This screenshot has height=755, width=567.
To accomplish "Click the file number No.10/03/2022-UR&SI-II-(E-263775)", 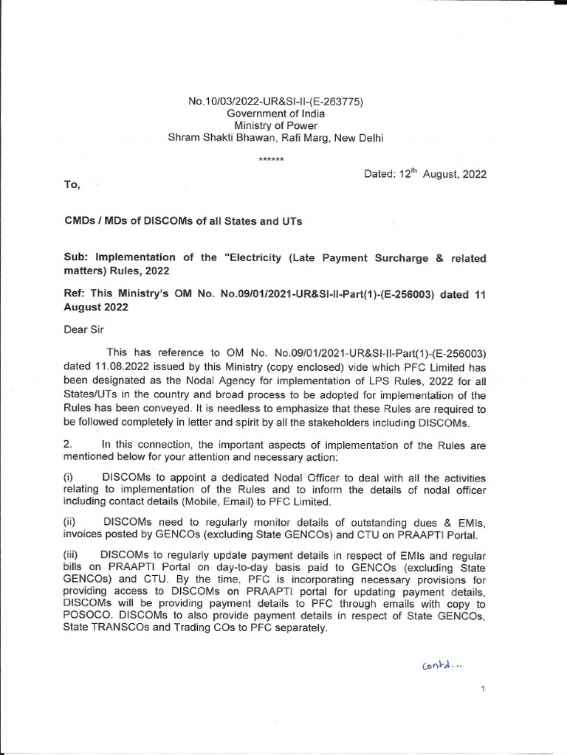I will coord(276,102).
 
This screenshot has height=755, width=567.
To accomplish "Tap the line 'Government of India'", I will coord(275,114).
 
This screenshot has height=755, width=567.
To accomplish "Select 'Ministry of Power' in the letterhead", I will coord(275,125).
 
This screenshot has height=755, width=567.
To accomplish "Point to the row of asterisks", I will coord(270,159).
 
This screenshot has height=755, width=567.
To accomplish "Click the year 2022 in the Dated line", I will coord(473,175).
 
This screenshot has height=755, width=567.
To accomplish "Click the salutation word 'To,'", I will coord(72,185).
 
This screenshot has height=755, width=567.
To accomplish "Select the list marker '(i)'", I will coord(69,479).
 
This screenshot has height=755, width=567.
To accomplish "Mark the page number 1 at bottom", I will coord(481,689).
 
